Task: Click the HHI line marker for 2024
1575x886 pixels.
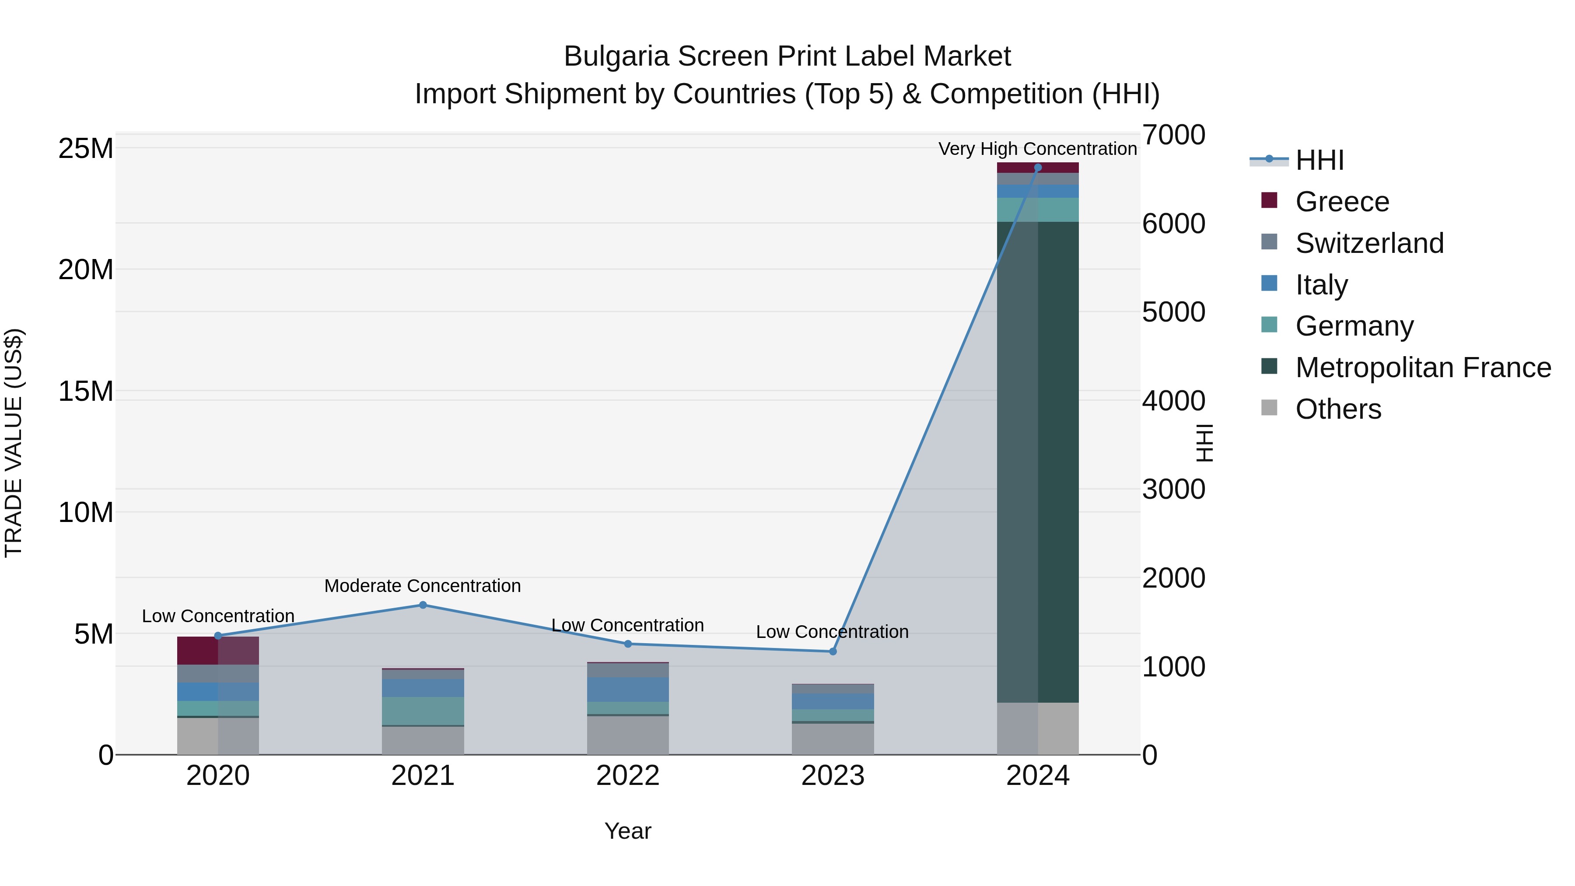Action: pos(1038,168)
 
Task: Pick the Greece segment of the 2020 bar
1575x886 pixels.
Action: pos(218,651)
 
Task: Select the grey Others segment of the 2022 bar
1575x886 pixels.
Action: pos(627,735)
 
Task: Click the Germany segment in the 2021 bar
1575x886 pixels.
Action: pos(423,711)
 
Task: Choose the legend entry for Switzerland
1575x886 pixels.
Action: pos(1369,243)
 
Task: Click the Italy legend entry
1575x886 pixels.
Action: pos(1321,285)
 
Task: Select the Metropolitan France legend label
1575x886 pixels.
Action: pos(1423,368)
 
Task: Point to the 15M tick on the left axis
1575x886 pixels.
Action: pos(86,391)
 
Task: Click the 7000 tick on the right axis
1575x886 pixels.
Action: pos(1173,135)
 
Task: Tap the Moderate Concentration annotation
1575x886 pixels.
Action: pos(423,586)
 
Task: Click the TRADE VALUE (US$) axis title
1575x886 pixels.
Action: pos(14,443)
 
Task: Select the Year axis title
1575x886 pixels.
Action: pos(627,831)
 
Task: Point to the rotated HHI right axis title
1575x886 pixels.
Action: pos(1203,443)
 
